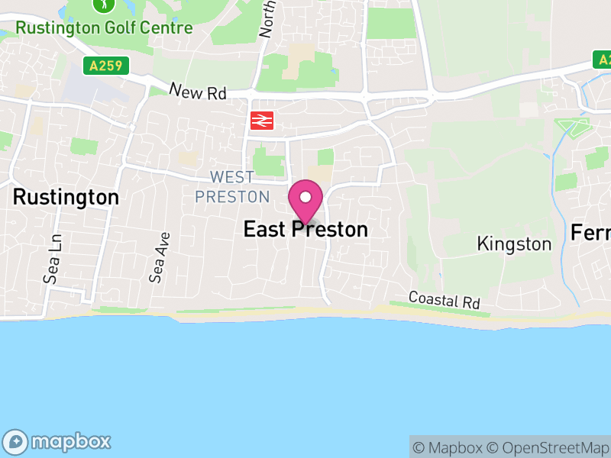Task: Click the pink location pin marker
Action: tap(305, 202)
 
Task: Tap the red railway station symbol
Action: tap(261, 120)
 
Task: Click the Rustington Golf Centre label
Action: tap(104, 28)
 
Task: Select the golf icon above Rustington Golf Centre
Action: tap(102, 5)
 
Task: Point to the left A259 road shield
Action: tap(105, 66)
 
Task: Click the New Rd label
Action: tap(199, 92)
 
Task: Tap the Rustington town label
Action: tap(66, 198)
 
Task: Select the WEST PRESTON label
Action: tap(232, 187)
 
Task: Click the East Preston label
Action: tap(305, 229)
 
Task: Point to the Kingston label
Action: tap(513, 244)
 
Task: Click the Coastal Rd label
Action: tap(445, 300)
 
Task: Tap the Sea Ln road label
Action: tap(52, 259)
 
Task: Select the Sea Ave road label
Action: tap(159, 258)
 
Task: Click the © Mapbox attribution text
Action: tap(449, 447)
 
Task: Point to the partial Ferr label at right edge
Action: tap(591, 233)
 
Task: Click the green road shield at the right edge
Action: tap(603, 60)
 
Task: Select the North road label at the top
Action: tap(267, 19)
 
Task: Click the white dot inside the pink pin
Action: tap(305, 197)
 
